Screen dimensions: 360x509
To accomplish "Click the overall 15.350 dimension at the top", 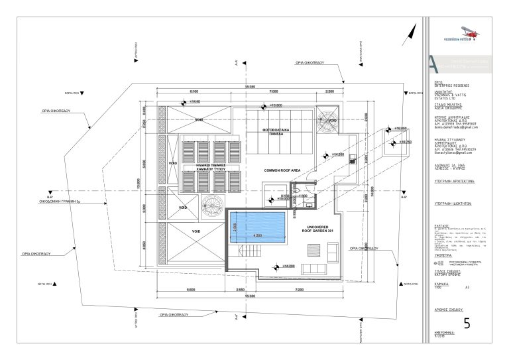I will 249,87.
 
